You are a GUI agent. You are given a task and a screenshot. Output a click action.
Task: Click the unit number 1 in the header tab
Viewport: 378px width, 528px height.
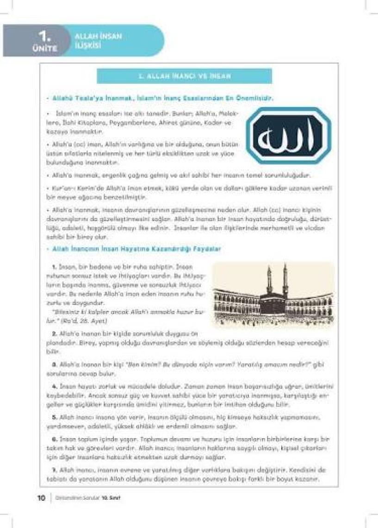[x=45, y=36]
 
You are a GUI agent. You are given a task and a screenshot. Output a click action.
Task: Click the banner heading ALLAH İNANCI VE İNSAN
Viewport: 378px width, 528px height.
[x=185, y=75]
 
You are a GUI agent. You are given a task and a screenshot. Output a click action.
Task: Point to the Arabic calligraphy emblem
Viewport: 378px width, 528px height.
[x=288, y=135]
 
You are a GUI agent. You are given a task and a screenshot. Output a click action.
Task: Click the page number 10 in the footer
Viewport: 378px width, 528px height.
[x=41, y=498]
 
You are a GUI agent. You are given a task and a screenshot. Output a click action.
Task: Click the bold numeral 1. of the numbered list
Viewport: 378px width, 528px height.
[x=55, y=267]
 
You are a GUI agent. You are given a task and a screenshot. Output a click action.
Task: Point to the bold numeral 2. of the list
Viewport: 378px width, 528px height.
[x=55, y=333]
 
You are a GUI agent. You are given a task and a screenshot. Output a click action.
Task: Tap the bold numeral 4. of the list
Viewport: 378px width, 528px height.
[x=55, y=386]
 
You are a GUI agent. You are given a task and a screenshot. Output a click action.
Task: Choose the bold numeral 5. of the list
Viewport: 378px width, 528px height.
[x=55, y=417]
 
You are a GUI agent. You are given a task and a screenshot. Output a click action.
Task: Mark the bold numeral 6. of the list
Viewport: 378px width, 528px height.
[x=55, y=438]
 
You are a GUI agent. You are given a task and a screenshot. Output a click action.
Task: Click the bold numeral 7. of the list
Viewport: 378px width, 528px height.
[x=55, y=469]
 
